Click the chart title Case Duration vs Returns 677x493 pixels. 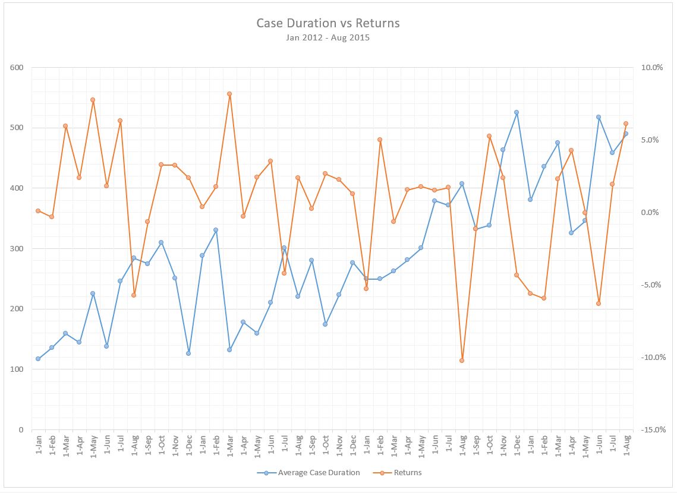[328, 23]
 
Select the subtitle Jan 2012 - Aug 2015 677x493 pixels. [328, 37]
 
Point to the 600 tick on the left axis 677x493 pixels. [17, 67]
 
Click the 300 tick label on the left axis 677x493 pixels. [17, 248]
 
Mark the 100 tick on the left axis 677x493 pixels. [17, 369]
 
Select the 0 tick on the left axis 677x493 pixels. [20, 429]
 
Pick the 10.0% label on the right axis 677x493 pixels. [652, 67]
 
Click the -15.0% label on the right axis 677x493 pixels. [651, 429]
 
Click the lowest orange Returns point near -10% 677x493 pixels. [462, 361]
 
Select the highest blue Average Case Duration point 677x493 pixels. [517, 112]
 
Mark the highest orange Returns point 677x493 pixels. [229, 94]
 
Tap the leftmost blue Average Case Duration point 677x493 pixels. [38, 359]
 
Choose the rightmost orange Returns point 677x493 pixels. [626, 124]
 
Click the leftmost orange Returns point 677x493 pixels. [38, 211]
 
